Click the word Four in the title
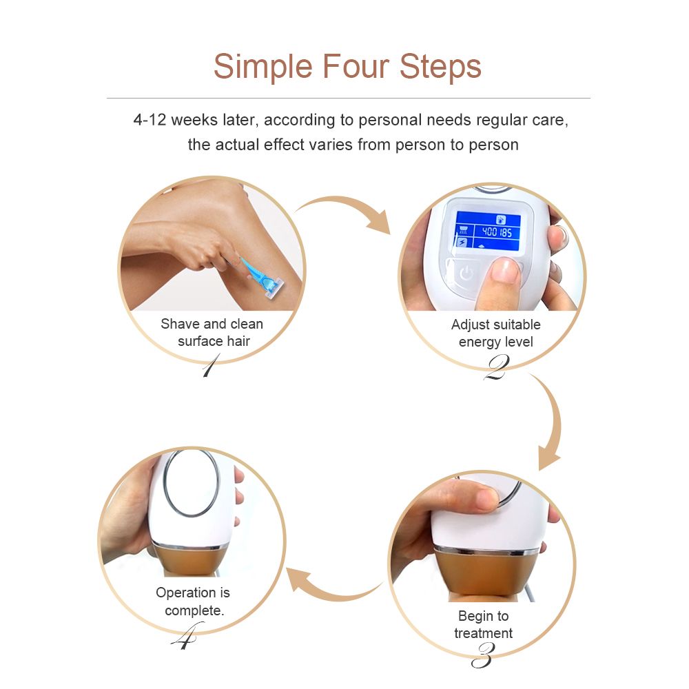pos(356,66)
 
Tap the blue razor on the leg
pos(262,278)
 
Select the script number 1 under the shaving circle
pos(210,366)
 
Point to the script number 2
pos(497,368)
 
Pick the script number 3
pos(483,655)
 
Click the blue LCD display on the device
pos(488,231)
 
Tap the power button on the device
pos(466,274)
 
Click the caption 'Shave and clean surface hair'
pos(212,332)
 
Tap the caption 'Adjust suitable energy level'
pos(495,333)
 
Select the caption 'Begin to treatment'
pos(484,624)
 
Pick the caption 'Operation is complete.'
pos(193,601)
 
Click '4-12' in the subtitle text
pos(150,119)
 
